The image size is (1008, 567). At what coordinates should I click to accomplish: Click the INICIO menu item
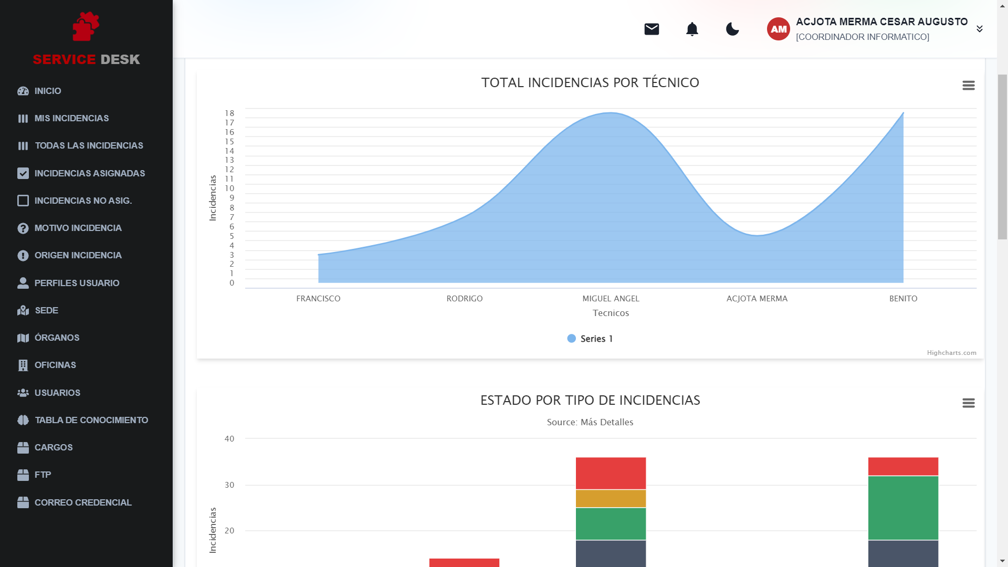47,91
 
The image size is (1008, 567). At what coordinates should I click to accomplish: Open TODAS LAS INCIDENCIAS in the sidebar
88,145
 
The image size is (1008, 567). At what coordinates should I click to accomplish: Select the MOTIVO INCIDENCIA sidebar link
78,228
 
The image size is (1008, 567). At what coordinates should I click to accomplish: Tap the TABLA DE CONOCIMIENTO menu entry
91,420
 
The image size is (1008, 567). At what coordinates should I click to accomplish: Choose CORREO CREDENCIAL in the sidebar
82,502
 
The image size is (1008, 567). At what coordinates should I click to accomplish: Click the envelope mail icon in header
652,29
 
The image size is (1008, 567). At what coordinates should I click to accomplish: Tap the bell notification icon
692,29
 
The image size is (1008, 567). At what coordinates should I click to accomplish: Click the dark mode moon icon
732,29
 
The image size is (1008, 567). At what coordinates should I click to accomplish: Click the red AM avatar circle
778,29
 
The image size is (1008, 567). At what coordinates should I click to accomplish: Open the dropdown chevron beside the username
980,29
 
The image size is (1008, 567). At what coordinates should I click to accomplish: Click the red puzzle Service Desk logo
86,26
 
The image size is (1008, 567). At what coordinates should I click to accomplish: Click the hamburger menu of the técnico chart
969,85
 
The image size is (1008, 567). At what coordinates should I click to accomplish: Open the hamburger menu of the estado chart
969,403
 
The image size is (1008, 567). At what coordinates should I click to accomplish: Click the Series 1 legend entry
590,339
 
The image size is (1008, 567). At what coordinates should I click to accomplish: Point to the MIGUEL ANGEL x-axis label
611,298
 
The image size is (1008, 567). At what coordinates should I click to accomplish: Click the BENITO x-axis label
903,298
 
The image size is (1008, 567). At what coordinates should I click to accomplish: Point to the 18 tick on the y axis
229,113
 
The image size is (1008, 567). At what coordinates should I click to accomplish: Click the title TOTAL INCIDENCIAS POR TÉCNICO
590,82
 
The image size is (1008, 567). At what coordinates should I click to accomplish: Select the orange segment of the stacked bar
611,498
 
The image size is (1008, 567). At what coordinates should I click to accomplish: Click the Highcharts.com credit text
951,353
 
